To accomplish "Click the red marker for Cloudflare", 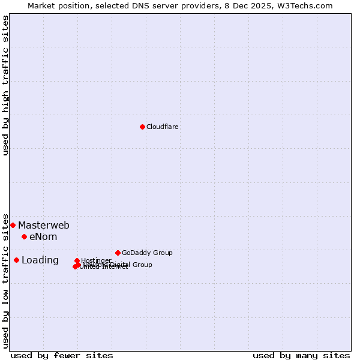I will click(142, 127).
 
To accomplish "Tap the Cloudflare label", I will click(163, 127).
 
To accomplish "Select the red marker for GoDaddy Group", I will click(118, 253).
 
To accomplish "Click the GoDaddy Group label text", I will click(147, 253).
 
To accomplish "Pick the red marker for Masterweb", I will click(13, 225).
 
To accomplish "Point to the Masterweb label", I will click(44, 226).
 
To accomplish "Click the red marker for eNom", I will click(24, 236).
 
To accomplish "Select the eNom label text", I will click(43, 237).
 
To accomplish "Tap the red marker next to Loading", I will click(16, 260).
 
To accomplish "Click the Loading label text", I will click(40, 260).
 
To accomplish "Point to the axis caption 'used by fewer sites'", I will click(62, 356).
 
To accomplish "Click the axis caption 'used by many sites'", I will click(301, 356).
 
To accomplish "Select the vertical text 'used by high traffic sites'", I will click(5, 85).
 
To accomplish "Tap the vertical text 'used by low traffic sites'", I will click(5, 280).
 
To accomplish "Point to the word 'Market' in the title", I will click(42, 5).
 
